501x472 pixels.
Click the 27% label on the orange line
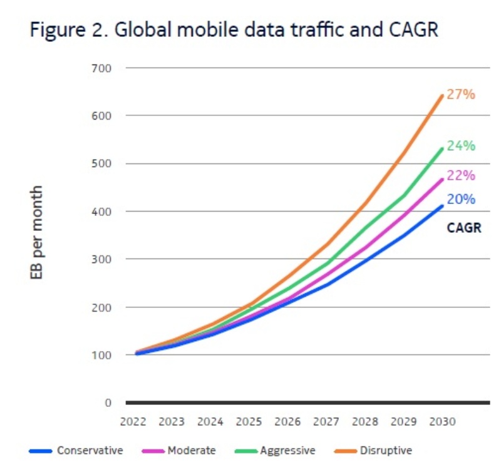tap(461, 95)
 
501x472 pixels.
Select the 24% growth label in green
tap(461, 146)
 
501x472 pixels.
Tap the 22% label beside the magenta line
tap(461, 176)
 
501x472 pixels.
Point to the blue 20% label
tap(461, 199)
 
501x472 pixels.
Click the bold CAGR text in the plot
tap(463, 228)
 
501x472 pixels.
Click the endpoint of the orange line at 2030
tap(442, 96)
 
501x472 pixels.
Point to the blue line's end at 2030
tap(442, 205)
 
